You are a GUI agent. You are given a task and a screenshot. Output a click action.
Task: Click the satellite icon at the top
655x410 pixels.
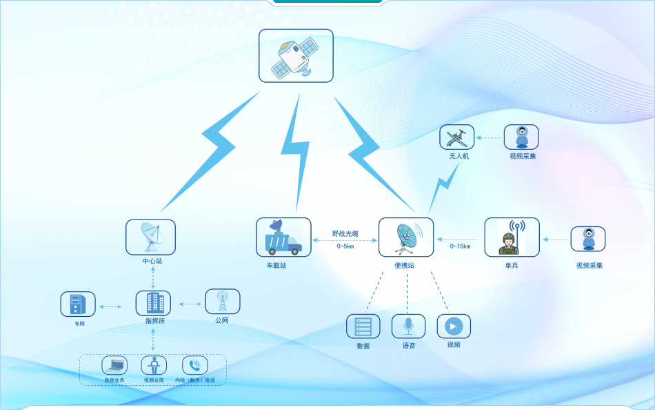(296, 56)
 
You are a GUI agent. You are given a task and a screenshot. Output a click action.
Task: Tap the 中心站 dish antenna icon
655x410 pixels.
(150, 237)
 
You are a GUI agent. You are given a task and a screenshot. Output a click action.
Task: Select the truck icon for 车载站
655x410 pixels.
(283, 237)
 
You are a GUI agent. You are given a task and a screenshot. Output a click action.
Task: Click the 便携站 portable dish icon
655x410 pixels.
(406, 237)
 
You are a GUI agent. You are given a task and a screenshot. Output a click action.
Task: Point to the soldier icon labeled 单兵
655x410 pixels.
(512, 237)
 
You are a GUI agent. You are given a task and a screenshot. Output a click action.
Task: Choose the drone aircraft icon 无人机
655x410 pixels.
(457, 137)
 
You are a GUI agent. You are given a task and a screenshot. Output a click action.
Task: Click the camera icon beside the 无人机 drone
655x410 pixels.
(521, 137)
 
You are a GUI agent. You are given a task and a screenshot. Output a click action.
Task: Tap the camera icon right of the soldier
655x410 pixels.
(588, 239)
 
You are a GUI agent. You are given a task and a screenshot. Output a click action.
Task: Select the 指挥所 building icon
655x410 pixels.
(153, 303)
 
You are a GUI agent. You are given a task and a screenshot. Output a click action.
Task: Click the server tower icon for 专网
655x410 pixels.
(78, 304)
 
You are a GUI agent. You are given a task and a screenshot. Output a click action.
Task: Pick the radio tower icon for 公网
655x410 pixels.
(223, 302)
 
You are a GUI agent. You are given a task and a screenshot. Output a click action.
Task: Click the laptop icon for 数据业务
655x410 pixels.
(114, 365)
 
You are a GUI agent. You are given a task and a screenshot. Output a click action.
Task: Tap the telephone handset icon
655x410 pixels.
(194, 365)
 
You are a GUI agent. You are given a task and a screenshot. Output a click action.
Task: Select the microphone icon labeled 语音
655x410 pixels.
(409, 326)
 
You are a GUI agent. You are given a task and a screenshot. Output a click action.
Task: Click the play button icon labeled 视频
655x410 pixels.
(454, 326)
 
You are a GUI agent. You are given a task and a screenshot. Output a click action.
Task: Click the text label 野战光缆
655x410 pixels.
(345, 234)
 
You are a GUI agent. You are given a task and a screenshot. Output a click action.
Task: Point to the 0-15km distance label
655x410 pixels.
(460, 246)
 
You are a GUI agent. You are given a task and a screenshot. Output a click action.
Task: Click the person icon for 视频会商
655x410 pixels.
(154, 365)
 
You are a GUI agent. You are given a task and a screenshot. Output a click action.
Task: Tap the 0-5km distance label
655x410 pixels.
(345, 246)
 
